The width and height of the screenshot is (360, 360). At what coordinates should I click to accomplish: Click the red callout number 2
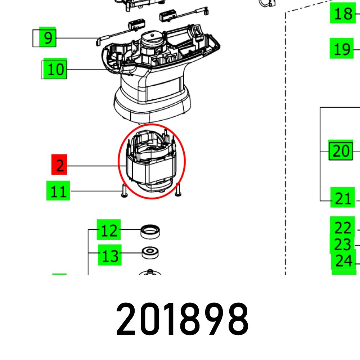coord(59,165)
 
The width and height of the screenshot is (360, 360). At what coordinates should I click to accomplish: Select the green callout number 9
coord(48,37)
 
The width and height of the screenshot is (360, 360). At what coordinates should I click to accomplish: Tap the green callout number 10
coord(55,69)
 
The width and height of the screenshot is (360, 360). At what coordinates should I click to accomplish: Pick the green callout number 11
coord(58,191)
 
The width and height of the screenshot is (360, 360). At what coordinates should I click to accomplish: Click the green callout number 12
coord(109,229)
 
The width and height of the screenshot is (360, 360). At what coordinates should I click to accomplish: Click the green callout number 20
coord(341,150)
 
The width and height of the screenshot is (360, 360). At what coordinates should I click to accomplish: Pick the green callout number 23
coord(342,244)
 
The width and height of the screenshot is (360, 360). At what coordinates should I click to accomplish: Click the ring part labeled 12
coord(150,232)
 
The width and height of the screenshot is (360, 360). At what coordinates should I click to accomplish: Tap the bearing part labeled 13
coord(150,253)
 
